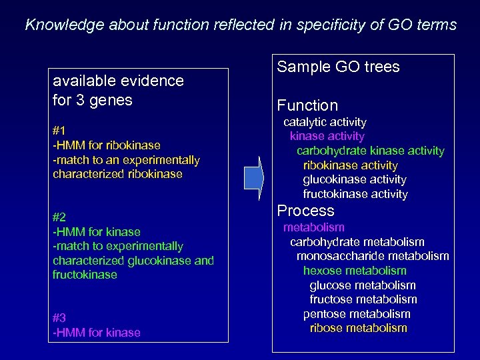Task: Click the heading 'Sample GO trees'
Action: click(338, 67)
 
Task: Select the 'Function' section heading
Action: click(307, 105)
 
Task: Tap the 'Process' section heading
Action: click(305, 211)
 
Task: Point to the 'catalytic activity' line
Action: click(325, 122)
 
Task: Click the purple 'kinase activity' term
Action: click(327, 136)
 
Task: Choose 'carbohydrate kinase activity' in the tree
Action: click(370, 151)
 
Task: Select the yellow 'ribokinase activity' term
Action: click(350, 165)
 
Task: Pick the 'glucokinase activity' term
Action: click(354, 179)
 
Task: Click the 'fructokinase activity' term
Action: click(355, 194)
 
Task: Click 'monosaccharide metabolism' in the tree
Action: click(373, 256)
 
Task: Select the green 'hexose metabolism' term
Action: click(354, 271)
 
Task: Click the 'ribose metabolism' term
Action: click(358, 328)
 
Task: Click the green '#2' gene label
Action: click(59, 217)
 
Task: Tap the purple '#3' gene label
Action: click(59, 318)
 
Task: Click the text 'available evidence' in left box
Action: click(118, 81)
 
